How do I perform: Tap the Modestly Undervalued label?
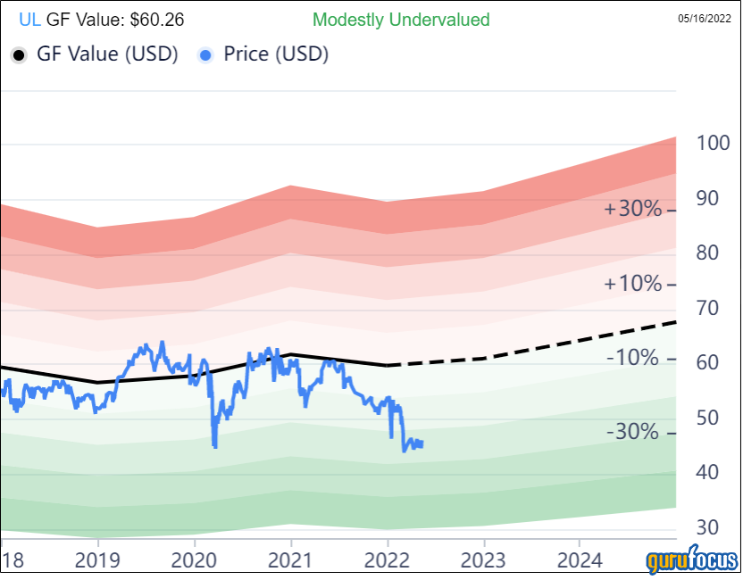[x=401, y=19]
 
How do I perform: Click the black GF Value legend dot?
[x=19, y=54]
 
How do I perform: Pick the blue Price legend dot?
[x=207, y=54]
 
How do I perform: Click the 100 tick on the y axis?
[x=713, y=143]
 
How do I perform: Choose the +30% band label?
[x=633, y=210]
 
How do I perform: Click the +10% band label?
[x=633, y=285]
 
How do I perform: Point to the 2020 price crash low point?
[x=215, y=445]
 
